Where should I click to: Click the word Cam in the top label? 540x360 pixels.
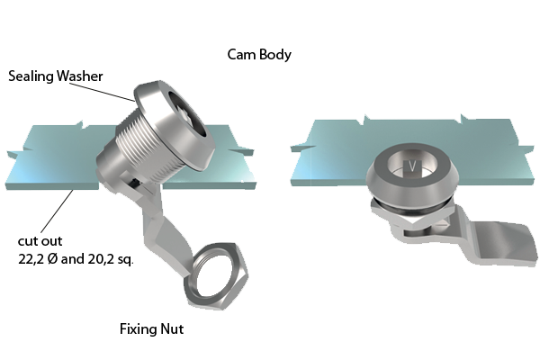[241, 54]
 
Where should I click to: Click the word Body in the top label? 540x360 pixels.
[275, 55]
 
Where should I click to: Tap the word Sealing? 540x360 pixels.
[31, 76]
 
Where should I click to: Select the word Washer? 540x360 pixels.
[79, 76]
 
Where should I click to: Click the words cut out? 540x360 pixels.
[40, 241]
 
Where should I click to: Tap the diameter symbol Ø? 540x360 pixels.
[52, 258]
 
